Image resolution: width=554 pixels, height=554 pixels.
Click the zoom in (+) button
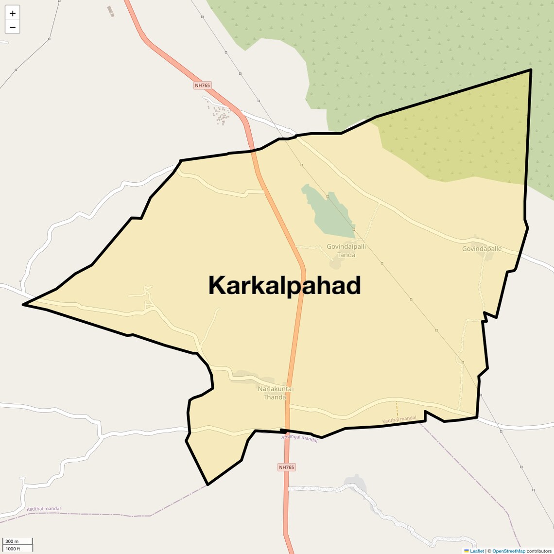(13, 13)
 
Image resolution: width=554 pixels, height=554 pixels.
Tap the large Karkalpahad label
(284, 285)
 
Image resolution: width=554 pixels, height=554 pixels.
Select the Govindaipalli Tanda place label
(346, 251)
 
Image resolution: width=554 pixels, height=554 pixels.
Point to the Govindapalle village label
(482, 249)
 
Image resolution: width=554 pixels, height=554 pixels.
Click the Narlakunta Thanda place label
(275, 393)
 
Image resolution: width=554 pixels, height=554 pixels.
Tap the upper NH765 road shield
(202, 86)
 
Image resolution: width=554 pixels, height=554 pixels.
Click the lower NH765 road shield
(286, 467)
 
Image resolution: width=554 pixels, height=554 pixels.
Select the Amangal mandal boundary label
(299, 438)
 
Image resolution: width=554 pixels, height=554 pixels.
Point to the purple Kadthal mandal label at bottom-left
(44, 509)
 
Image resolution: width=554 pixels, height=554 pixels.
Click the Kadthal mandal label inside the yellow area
(399, 419)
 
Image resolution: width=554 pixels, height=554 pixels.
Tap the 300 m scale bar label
(12, 541)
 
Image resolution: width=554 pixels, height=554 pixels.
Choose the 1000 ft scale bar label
(13, 549)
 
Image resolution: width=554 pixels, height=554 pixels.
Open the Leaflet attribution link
(477, 551)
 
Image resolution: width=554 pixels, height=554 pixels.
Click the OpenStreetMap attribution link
(508, 551)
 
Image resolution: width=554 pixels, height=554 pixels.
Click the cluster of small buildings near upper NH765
(220, 115)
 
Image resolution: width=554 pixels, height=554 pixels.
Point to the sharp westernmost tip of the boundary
(23, 305)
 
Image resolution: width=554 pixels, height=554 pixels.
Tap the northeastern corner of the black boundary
(530, 70)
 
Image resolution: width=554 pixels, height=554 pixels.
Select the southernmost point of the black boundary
(208, 485)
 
